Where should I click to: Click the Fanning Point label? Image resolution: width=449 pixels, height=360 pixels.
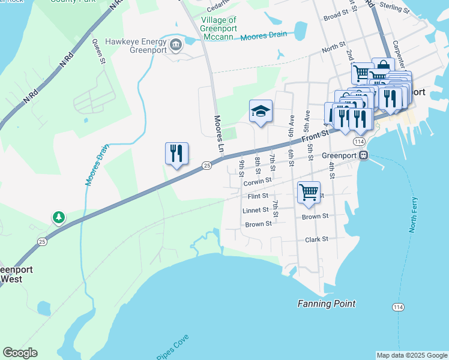click(327, 304)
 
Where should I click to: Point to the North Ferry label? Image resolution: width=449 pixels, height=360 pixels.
click(413, 215)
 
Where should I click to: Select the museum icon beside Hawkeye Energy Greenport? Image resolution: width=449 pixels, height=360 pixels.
click(176, 44)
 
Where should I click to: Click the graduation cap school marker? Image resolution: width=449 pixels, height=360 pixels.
click(261, 111)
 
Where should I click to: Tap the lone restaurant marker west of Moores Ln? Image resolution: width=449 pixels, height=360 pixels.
click(176, 154)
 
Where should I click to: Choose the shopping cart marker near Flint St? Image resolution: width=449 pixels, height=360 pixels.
click(309, 193)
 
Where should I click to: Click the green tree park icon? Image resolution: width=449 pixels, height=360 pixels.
click(58, 217)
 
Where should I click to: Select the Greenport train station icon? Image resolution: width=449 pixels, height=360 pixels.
click(364, 155)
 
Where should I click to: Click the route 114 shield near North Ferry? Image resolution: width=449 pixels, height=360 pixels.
click(397, 307)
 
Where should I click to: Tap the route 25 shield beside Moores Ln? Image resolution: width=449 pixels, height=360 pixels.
click(206, 165)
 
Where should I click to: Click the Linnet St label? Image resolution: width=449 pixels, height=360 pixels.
click(256, 211)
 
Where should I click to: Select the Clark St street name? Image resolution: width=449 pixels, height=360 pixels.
click(316, 239)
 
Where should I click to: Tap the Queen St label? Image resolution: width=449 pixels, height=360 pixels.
click(99, 52)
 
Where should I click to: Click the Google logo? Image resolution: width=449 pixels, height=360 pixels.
click(20, 353)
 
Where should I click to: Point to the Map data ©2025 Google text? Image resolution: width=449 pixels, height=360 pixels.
click(412, 355)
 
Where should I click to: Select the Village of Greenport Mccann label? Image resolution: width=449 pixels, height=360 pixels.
click(218, 28)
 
